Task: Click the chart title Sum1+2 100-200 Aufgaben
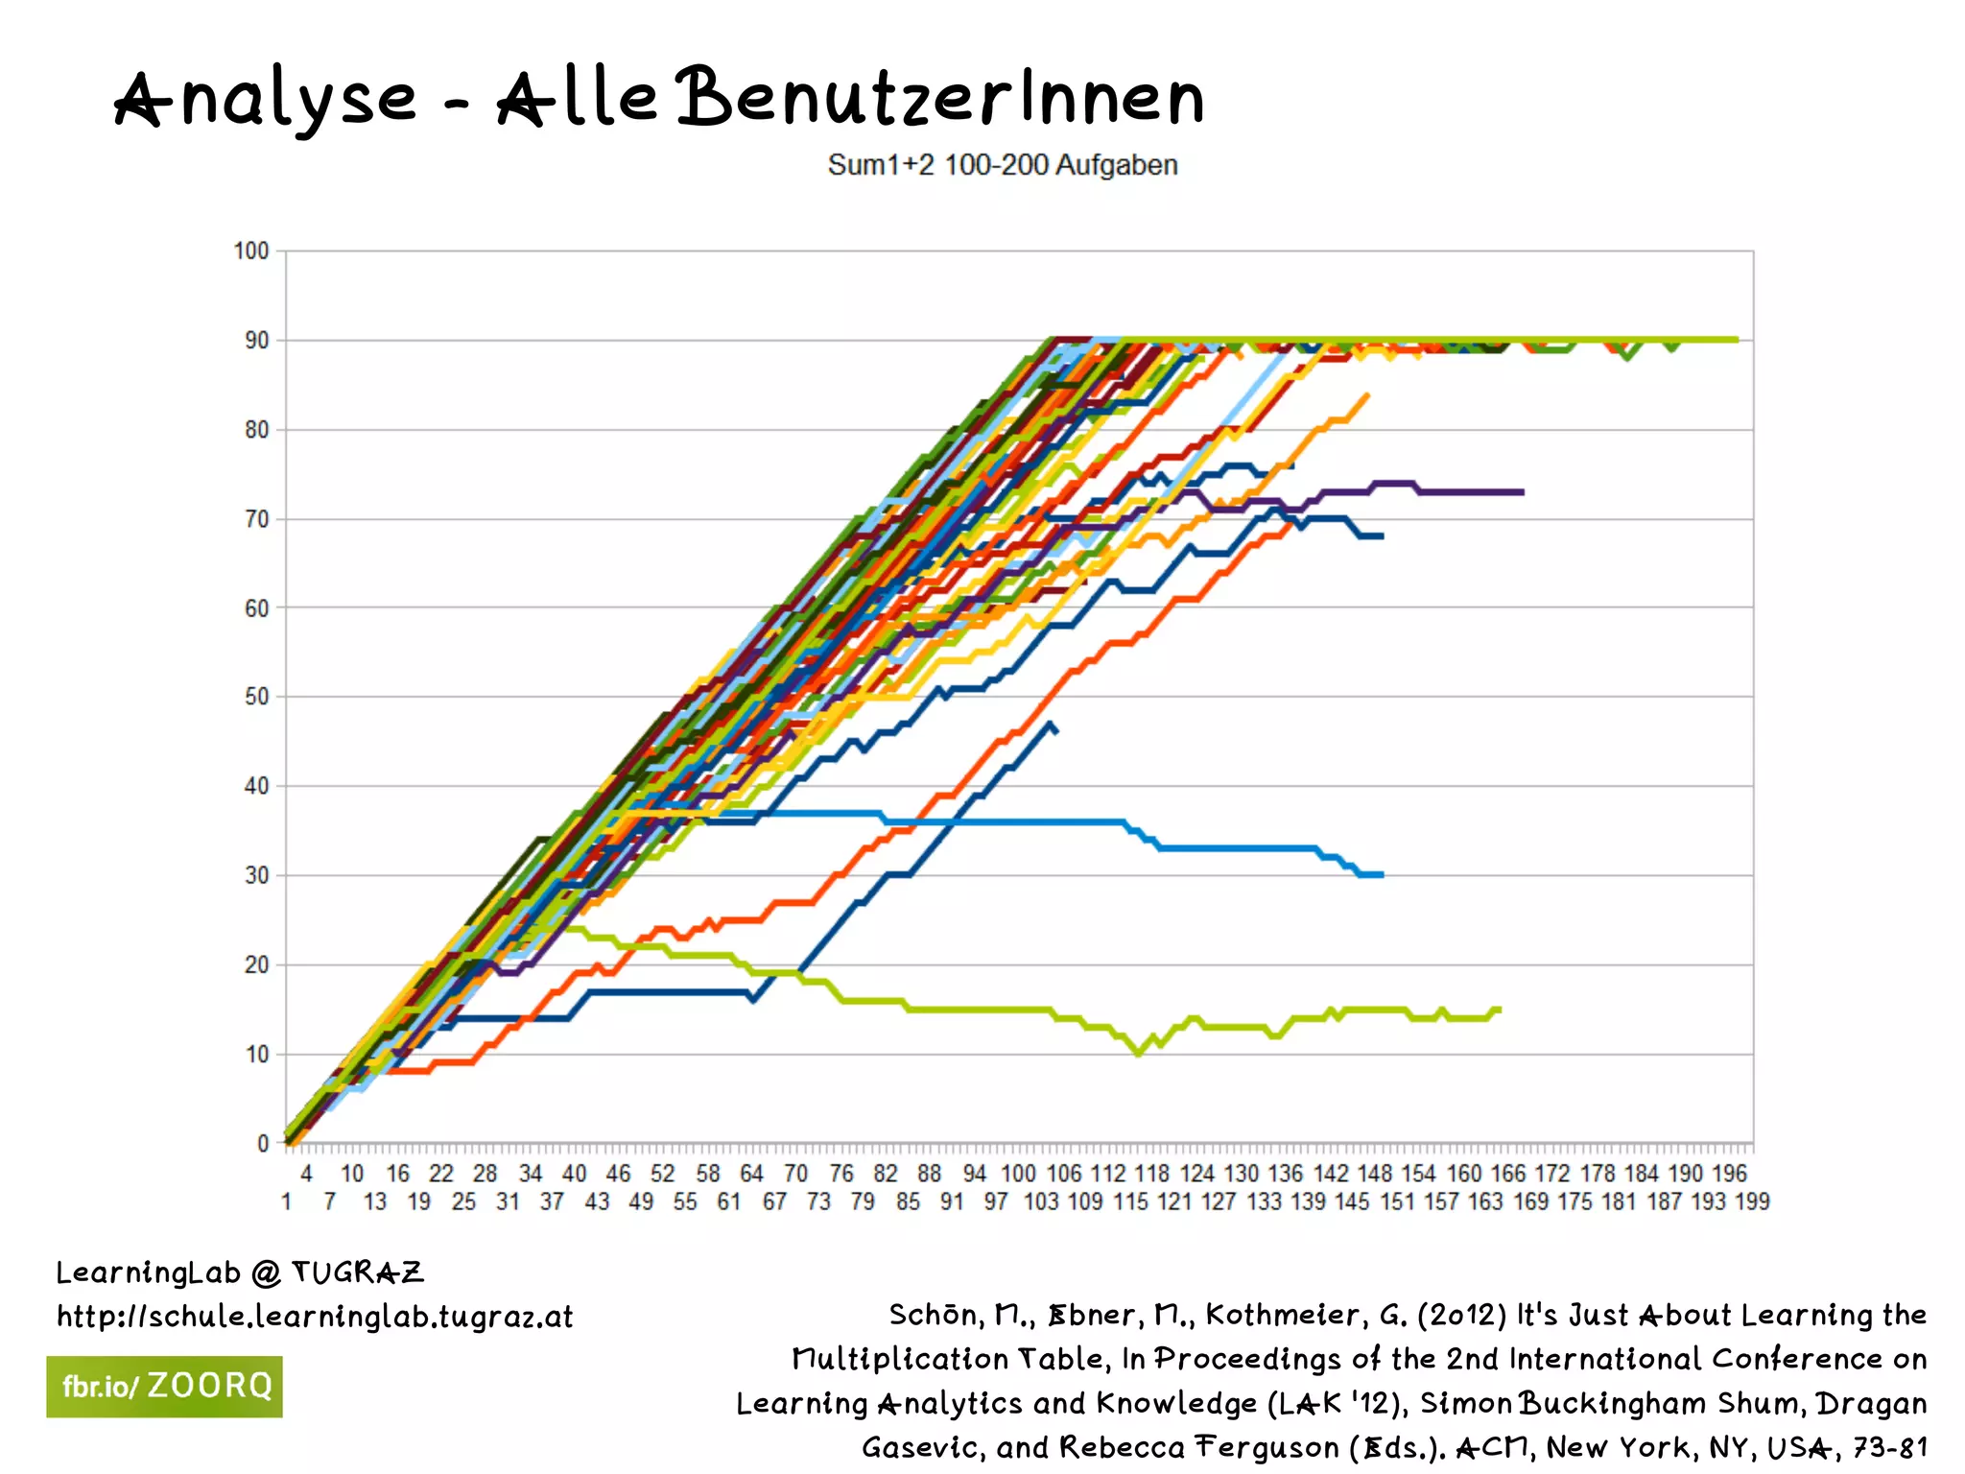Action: [1002, 165]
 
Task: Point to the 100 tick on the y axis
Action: [251, 251]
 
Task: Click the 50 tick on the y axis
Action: [256, 697]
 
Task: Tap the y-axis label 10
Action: [256, 1054]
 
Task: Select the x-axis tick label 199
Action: [1752, 1201]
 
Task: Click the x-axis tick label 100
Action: [1018, 1174]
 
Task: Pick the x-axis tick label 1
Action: [286, 1201]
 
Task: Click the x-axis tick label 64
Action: [751, 1174]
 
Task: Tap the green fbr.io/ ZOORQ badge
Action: [164, 1387]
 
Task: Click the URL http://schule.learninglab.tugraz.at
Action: [315, 1317]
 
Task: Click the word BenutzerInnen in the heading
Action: [940, 98]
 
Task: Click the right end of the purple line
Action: [1523, 492]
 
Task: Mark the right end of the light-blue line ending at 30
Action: [1382, 874]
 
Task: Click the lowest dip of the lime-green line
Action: [1138, 1053]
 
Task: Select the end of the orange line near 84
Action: [1366, 394]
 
